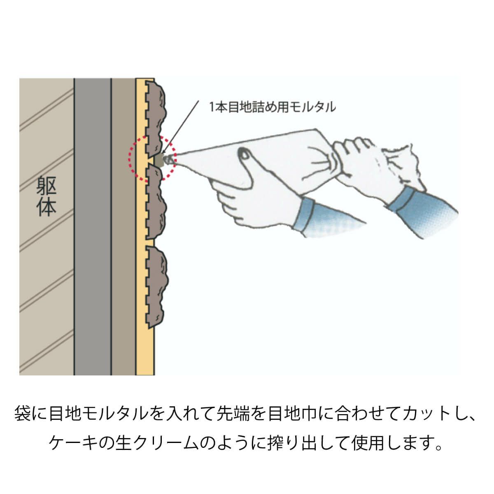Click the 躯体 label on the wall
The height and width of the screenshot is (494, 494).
(x=47, y=196)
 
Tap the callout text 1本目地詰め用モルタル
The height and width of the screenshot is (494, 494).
(x=273, y=107)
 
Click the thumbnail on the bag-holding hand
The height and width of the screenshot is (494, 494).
(x=244, y=154)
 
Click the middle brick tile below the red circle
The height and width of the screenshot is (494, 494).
(x=155, y=203)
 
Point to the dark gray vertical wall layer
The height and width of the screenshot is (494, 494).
(x=93, y=226)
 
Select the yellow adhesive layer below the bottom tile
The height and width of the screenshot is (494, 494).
(x=145, y=352)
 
